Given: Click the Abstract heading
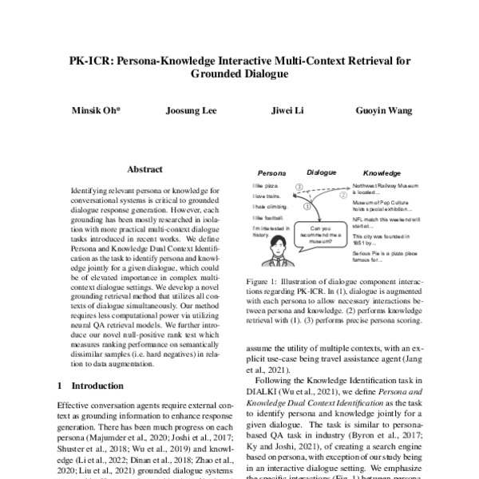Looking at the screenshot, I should pyautogui.click(x=144, y=169).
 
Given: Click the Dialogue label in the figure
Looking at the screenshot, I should pyautogui.click(x=322, y=171).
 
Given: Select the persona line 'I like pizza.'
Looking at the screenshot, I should pyautogui.click(x=264, y=185).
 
